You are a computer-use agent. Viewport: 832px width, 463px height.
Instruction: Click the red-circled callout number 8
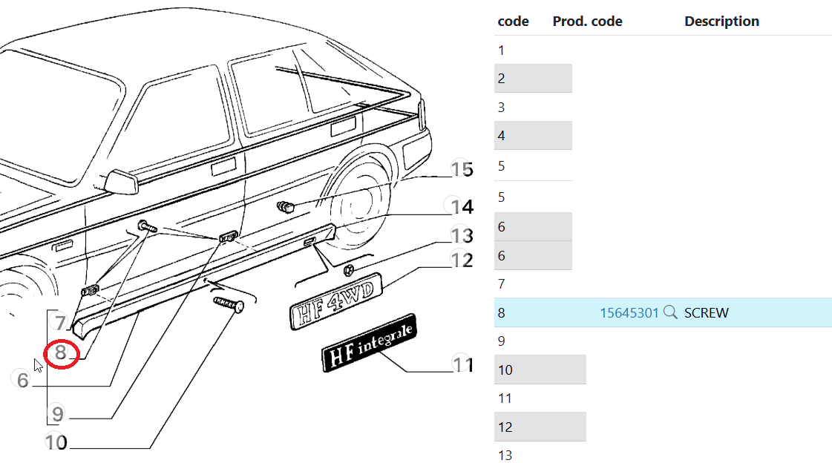coord(61,353)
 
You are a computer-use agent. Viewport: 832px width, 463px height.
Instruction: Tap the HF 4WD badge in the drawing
coord(335,301)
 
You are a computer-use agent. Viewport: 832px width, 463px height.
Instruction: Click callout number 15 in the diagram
coord(461,170)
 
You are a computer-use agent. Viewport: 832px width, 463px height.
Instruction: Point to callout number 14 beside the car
coord(458,206)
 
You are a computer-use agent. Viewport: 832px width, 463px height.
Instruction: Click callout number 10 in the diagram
coord(56,443)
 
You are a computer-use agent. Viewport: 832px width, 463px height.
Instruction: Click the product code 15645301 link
coord(629,313)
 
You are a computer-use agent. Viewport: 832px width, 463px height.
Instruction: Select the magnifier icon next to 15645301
coord(670,312)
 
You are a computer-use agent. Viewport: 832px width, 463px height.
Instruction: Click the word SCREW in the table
coord(706,313)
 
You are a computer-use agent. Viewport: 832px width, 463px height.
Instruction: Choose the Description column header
coord(721,22)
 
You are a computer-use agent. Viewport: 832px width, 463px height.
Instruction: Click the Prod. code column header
coord(587,22)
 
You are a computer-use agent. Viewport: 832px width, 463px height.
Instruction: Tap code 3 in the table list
coord(502,108)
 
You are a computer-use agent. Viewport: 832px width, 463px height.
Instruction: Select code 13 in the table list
coord(505,456)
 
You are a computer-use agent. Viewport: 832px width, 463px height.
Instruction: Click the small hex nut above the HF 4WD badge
coord(350,267)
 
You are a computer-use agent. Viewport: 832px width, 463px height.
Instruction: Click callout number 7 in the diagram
coord(61,323)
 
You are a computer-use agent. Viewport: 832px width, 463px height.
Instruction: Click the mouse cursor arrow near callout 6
coord(38,364)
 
